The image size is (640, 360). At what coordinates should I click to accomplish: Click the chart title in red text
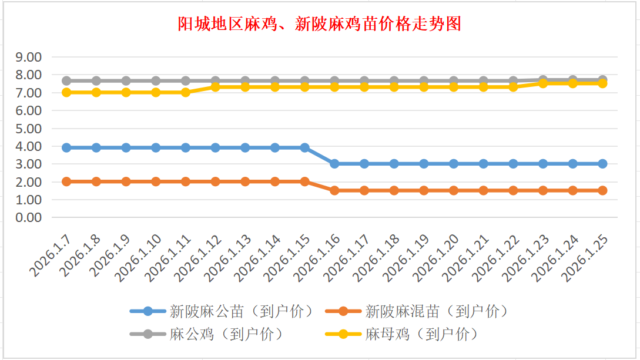coord(319,24)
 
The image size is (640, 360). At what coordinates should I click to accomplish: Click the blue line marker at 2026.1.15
coord(304,148)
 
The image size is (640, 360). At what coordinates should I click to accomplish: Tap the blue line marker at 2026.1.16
coord(334,164)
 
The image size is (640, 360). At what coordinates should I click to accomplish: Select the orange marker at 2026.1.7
coord(66,181)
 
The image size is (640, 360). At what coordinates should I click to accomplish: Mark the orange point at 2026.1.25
coord(602,190)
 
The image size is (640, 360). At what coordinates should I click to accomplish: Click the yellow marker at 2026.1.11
coord(186,92)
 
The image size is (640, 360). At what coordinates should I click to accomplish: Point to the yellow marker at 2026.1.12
coord(215,86)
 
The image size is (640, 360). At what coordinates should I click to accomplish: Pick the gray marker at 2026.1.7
coord(66,80)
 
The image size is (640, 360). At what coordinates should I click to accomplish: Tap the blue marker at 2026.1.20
coord(454,164)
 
